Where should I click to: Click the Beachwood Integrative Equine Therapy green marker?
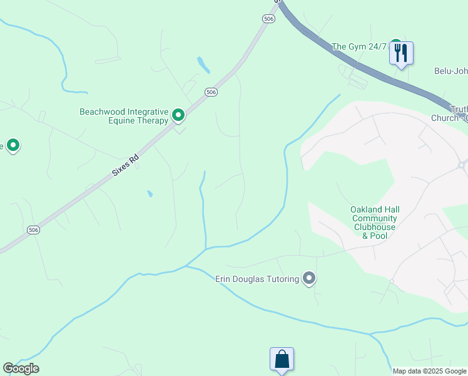[178, 115]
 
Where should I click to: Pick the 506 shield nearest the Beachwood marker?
[211, 92]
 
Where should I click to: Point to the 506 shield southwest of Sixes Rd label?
[34, 231]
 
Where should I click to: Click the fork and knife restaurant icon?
[401, 53]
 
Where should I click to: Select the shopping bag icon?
[282, 360]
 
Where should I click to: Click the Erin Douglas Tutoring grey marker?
[308, 278]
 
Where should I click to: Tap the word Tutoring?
[280, 279]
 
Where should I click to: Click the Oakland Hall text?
[375, 209]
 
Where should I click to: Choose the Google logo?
[21, 368]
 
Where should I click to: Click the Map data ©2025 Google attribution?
[430, 371]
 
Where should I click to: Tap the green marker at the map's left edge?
[13, 146]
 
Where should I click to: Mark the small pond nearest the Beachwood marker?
[203, 64]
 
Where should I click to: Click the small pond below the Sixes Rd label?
[150, 194]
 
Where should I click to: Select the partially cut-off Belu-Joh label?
[451, 71]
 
